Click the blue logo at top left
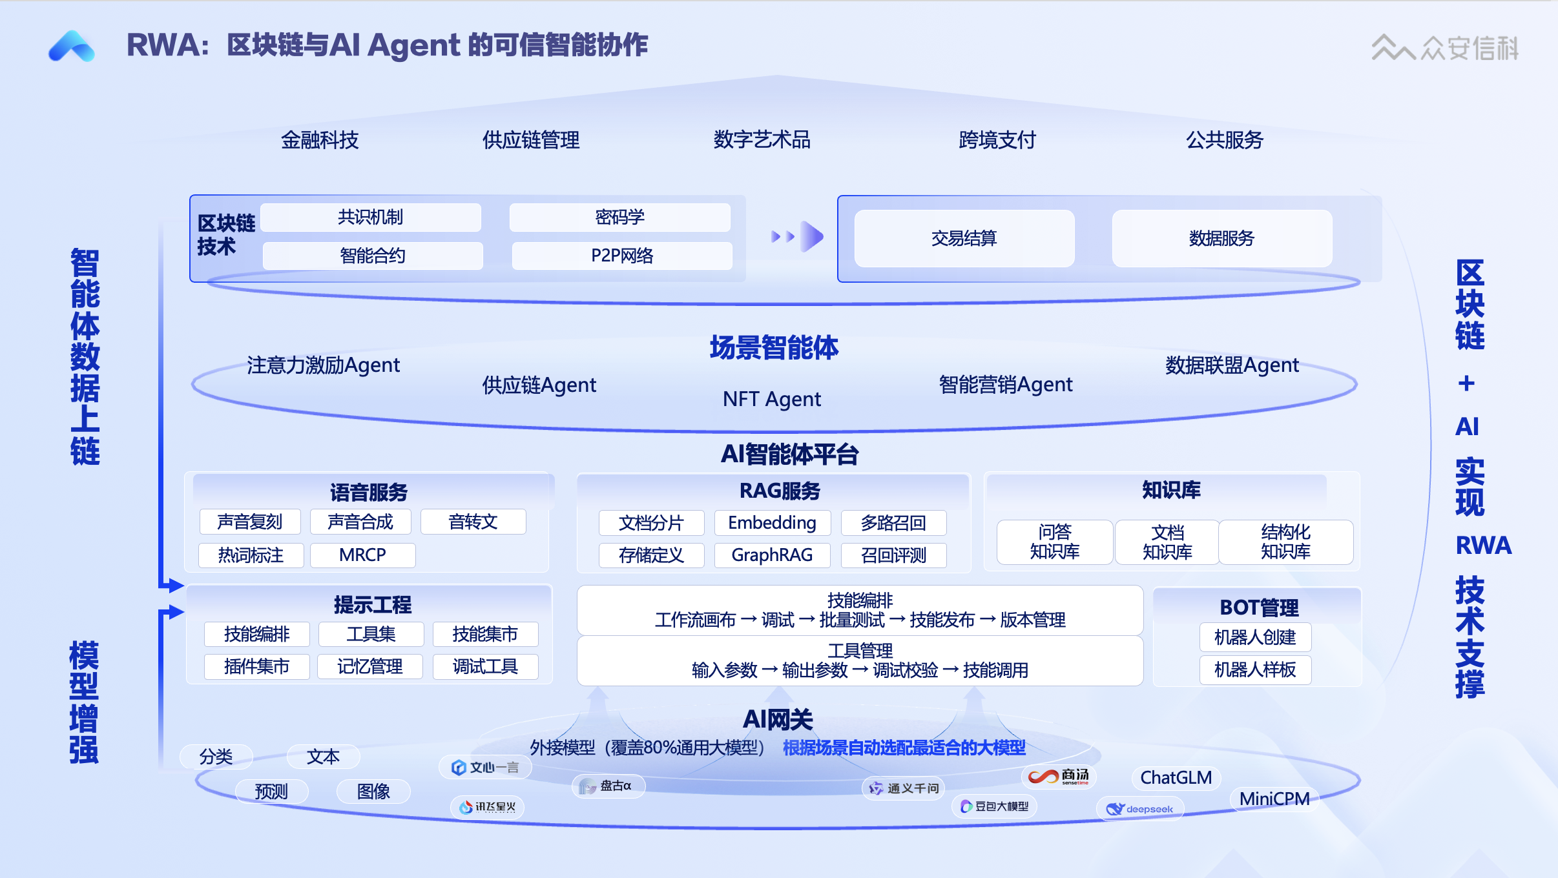tap(72, 46)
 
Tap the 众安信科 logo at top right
tap(1444, 48)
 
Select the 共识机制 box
tap(371, 218)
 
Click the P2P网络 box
tap(622, 256)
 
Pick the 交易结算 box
tap(964, 238)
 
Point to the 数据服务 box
tap(1221, 238)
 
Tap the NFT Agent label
tap(772, 399)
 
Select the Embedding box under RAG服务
tap(772, 522)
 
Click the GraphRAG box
tap(772, 555)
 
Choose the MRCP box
tap(362, 555)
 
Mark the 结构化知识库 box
tap(1285, 542)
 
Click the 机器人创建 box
tap(1255, 637)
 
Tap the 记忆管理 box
tap(370, 666)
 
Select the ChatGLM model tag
tap(1176, 777)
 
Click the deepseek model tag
tap(1140, 809)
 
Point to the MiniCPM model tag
tap(1274, 799)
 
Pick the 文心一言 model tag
tap(486, 768)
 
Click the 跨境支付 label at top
tap(997, 139)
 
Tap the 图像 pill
tap(373, 791)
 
